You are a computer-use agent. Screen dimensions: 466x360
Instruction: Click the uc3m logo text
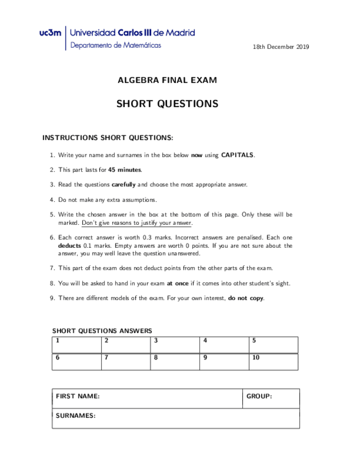tap(51, 34)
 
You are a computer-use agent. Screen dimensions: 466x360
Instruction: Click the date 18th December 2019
tap(281, 47)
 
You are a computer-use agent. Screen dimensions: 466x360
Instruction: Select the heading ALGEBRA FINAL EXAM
tap(167, 80)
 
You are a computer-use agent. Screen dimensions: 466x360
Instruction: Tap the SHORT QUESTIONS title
tap(167, 104)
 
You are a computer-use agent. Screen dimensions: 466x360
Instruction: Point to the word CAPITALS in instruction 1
tap(237, 156)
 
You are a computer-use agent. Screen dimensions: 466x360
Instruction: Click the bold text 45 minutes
tap(125, 170)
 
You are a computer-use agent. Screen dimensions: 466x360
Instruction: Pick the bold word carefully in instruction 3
tap(124, 185)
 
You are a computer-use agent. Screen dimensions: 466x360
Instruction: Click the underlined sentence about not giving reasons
tap(136, 223)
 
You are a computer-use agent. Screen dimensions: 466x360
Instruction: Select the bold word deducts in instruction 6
tap(69, 246)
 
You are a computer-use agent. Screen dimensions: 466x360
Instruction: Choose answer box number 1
tap(77, 345)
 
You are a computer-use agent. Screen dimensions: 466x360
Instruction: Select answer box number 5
tap(273, 345)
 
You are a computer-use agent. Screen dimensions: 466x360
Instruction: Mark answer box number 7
tap(126, 362)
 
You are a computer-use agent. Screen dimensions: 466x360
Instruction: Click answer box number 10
tap(273, 362)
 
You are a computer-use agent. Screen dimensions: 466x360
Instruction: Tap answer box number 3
tap(175, 345)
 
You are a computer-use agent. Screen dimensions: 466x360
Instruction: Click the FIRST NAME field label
tap(78, 396)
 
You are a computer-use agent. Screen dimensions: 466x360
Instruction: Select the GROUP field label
tap(259, 396)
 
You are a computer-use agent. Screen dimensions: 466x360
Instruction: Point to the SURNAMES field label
tap(76, 416)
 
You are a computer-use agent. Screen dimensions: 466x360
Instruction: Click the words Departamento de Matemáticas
tap(116, 46)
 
